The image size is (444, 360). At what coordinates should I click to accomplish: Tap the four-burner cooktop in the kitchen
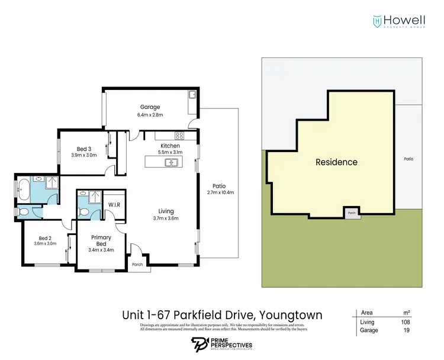[x=179, y=136]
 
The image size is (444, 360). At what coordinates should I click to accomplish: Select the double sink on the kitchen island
[x=172, y=162]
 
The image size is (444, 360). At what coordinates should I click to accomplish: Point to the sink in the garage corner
[x=192, y=95]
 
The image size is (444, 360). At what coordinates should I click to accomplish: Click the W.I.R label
[x=114, y=205]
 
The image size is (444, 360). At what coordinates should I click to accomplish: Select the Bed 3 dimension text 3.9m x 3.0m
[x=83, y=155]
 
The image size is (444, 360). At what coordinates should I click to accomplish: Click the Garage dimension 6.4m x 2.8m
[x=133, y=114]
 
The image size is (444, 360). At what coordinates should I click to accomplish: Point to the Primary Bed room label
[x=101, y=240]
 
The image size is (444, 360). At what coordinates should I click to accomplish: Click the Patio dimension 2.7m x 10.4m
[x=220, y=192]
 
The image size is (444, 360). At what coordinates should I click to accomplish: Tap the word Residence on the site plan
[x=336, y=162]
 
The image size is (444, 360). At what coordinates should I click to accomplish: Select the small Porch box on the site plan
[x=352, y=213]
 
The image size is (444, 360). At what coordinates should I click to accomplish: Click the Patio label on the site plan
[x=408, y=159]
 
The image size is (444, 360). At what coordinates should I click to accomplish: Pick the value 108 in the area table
[x=405, y=322]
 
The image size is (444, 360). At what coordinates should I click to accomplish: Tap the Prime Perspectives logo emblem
[x=199, y=345]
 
